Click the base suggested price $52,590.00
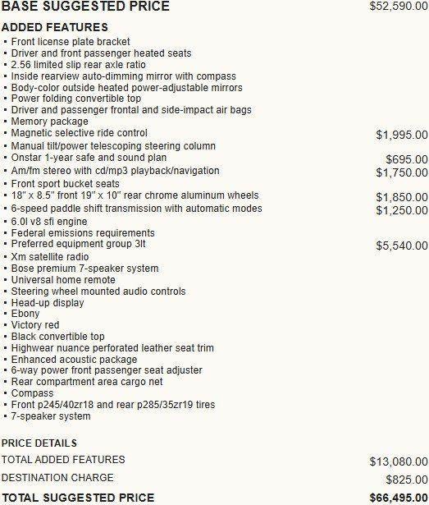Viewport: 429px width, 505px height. pos(399,7)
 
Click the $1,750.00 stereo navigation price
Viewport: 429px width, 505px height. pos(401,172)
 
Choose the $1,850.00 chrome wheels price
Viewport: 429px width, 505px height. pos(401,197)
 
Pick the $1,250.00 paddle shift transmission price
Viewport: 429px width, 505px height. pos(401,210)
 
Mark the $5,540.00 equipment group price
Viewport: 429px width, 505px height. pos(401,246)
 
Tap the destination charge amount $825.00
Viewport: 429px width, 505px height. pos(406,480)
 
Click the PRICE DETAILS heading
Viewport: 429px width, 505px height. pos(39,443)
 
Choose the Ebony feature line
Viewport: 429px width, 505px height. pos(25,314)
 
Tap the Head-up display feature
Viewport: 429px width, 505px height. pos(48,302)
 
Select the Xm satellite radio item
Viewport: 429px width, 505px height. pos(50,256)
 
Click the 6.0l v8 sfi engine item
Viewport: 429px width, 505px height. pos(49,221)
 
